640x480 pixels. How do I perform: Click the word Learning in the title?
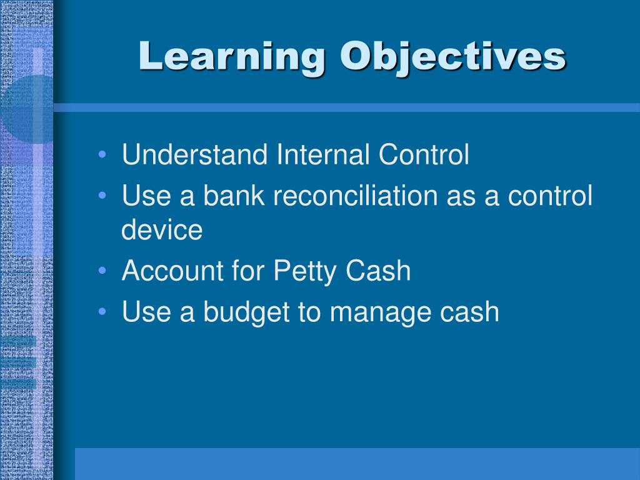pos(232,57)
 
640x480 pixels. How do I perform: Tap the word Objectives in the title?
pos(453,57)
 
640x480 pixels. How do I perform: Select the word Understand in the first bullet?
pos(195,154)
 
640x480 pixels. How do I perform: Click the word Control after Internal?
pos(424,154)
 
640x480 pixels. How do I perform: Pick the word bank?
pos(234,195)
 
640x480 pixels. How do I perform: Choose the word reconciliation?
pos(356,195)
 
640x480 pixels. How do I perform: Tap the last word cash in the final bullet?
pos(469,311)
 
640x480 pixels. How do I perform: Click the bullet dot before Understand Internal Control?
pos(102,155)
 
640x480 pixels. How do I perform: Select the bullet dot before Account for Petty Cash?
pos(102,271)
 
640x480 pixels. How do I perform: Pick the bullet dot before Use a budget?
pos(102,312)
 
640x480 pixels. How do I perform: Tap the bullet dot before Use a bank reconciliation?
pos(102,196)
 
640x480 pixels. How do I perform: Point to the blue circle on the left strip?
pos(29,109)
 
